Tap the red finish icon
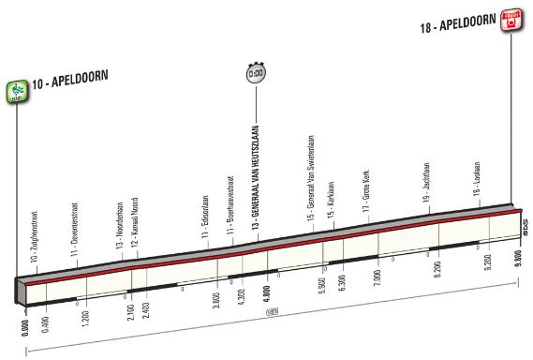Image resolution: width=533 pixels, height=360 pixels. pos(511,20)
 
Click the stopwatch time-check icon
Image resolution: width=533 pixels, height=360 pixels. pos(255,73)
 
